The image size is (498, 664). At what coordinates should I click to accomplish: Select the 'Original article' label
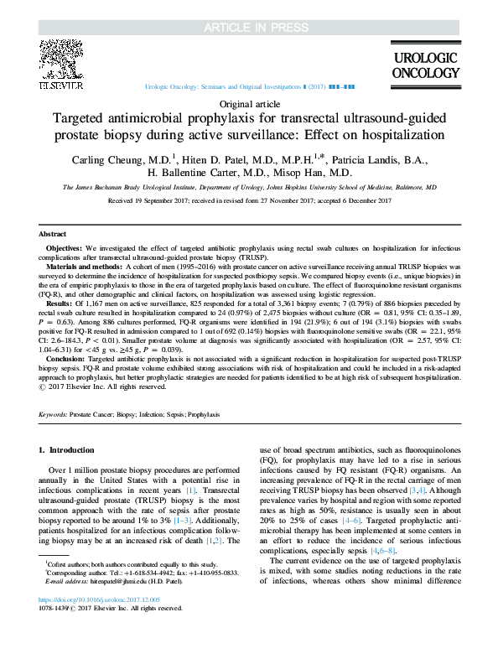[x=248, y=103]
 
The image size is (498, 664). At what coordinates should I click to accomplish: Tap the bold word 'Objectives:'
[x=64, y=249]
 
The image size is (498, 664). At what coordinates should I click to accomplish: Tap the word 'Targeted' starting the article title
[x=78, y=119]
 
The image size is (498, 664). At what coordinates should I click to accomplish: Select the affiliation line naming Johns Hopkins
[x=249, y=188]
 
